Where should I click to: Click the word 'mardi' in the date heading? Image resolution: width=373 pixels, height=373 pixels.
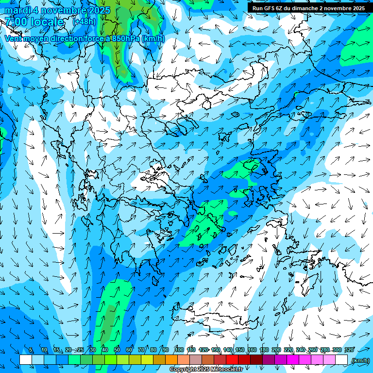point(17,10)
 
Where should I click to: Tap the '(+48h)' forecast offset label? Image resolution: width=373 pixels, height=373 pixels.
point(84,22)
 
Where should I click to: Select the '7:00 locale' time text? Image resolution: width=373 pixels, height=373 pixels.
point(34,22)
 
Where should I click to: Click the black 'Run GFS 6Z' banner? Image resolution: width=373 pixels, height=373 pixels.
point(308,8)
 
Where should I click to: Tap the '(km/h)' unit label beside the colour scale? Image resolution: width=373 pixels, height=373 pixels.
point(360,360)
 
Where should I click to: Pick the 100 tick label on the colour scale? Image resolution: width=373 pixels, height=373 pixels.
point(179,350)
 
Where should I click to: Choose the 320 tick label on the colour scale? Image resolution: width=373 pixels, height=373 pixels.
point(349,350)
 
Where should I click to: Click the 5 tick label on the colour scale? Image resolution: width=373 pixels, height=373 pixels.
point(32,350)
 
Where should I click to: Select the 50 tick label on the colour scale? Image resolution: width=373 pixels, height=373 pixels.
point(117,350)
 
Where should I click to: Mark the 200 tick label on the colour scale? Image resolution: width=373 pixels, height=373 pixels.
point(276,350)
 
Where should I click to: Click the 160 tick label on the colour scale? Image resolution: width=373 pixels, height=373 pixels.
point(252,350)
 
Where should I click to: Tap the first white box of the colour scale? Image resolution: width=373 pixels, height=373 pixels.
point(26,360)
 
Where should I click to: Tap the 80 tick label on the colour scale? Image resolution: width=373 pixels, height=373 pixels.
point(153,350)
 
